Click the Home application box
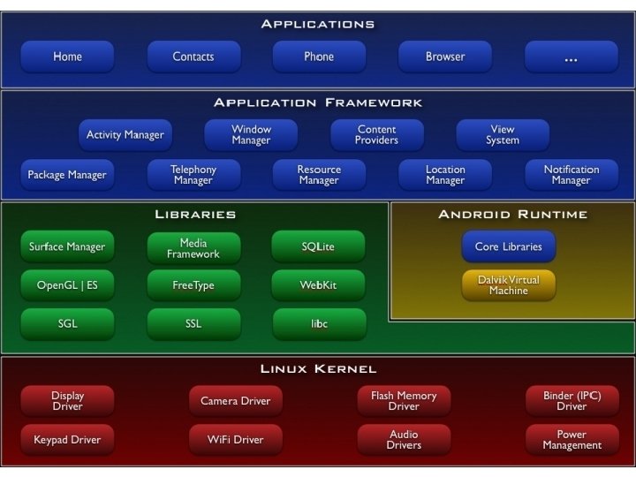click(x=67, y=57)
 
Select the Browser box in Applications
click(x=445, y=57)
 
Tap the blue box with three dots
click(x=571, y=57)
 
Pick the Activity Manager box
click(x=125, y=135)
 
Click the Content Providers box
click(x=376, y=135)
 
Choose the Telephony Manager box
click(x=193, y=175)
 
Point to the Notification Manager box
click(x=571, y=175)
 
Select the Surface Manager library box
click(x=67, y=247)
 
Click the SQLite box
click(x=319, y=247)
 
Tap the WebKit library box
click(x=319, y=285)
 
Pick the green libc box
click(x=319, y=323)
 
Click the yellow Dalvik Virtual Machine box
click(x=508, y=284)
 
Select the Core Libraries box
click(x=508, y=246)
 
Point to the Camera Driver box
click(x=235, y=401)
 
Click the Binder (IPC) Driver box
click(x=571, y=401)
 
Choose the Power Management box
click(x=571, y=439)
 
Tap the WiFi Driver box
click(x=235, y=439)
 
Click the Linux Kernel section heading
click(x=319, y=368)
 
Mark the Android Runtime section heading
click(x=512, y=215)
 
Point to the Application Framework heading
click(x=319, y=102)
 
